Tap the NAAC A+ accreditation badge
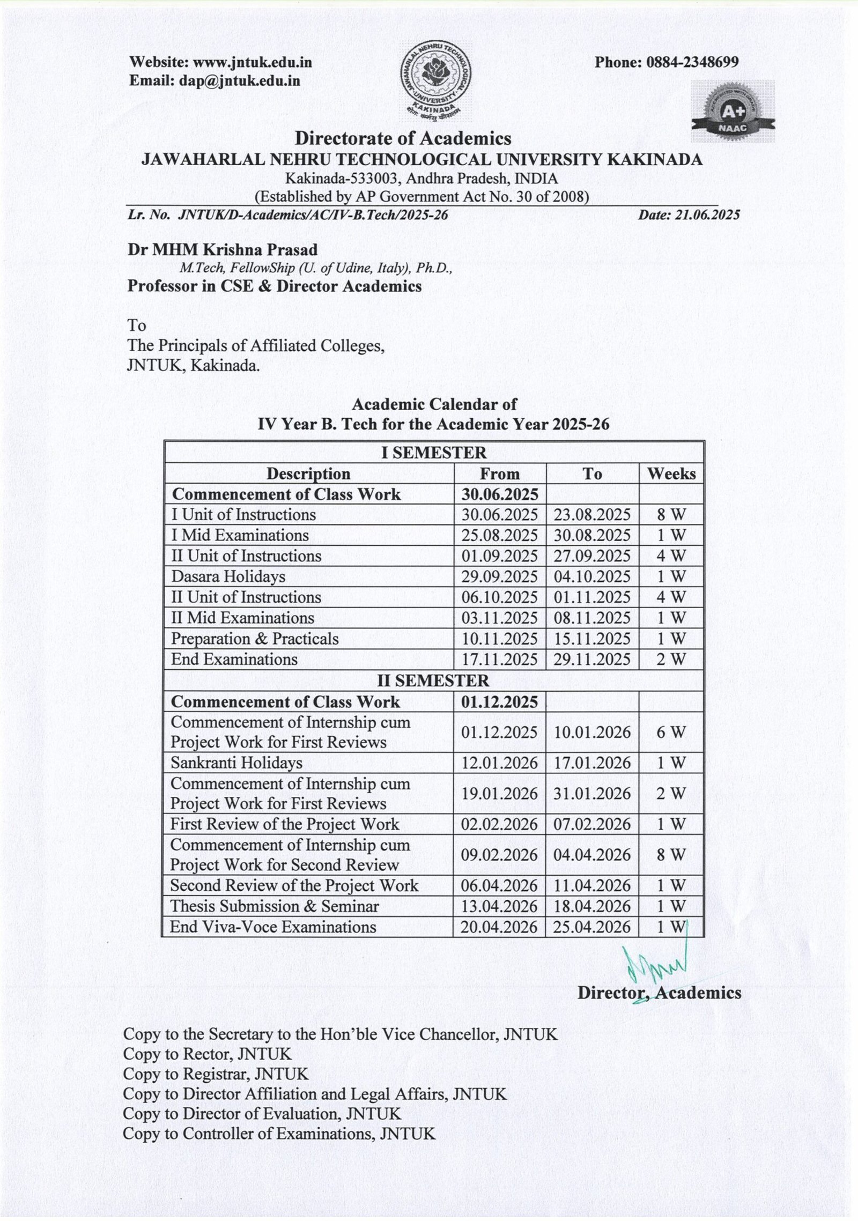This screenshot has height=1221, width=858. tap(733, 111)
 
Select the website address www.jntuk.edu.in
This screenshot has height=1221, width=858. tap(252, 62)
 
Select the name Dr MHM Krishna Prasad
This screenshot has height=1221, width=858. tap(223, 249)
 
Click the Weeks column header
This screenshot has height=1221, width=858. tap(671, 473)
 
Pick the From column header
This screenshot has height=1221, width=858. tap(499, 473)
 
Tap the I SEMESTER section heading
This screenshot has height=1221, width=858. tap(433, 453)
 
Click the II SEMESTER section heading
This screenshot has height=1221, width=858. tap(433, 680)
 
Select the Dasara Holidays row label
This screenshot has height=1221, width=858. tap(228, 576)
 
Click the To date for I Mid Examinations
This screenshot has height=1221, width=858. tap(592, 535)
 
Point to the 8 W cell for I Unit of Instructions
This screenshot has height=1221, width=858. tap(671, 515)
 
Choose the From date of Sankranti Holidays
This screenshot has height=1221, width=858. tap(499, 763)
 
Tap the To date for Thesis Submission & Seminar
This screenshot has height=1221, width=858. tap(592, 906)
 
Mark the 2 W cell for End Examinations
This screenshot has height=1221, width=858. tap(671, 659)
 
